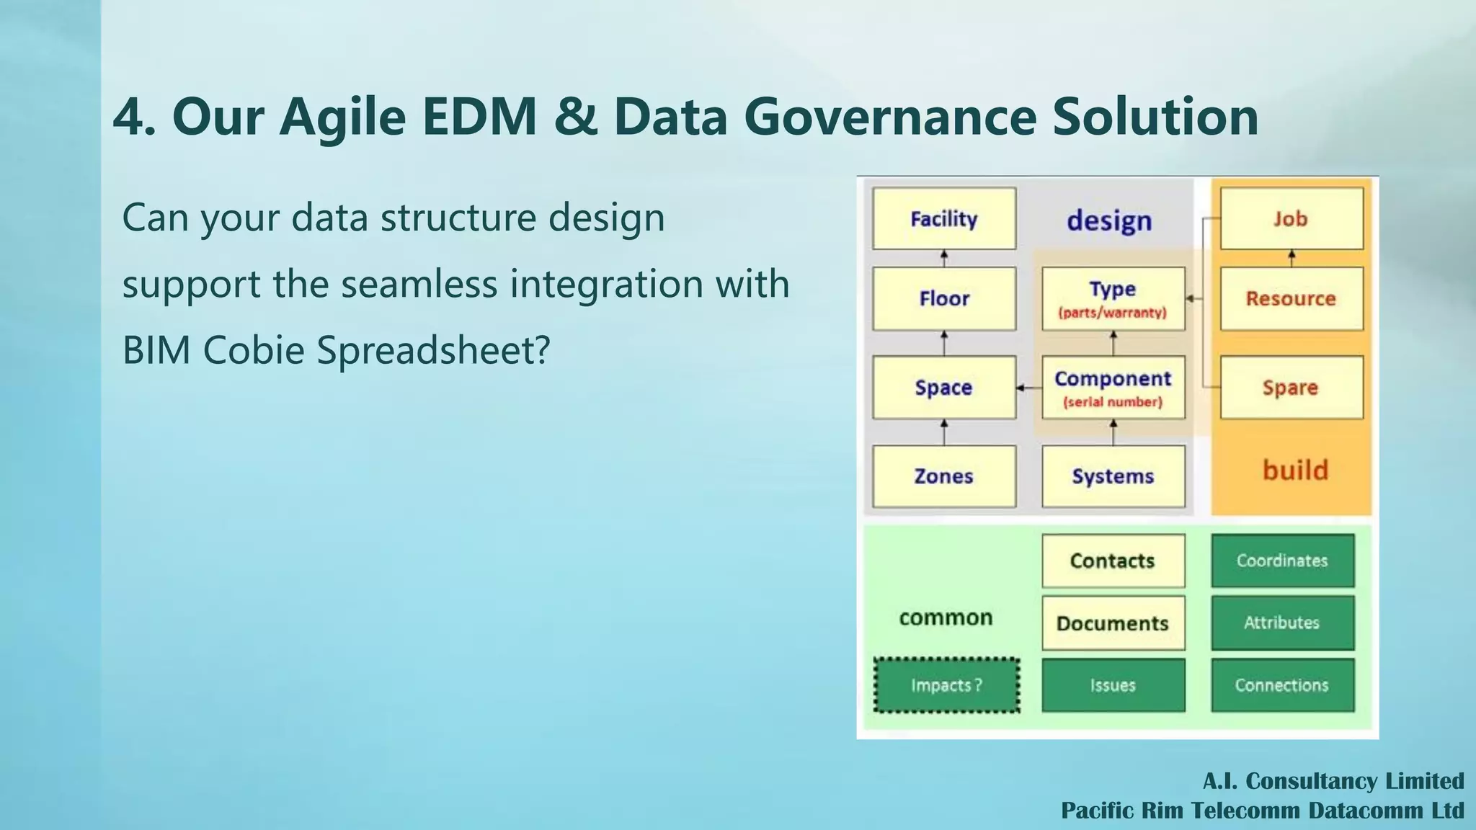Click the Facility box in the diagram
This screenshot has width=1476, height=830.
coord(944,218)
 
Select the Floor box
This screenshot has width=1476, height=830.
coord(944,298)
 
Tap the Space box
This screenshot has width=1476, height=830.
coord(944,387)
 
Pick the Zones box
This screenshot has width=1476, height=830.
coord(944,476)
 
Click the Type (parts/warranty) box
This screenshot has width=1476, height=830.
coord(1113,298)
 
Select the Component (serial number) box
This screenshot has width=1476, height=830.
coord(1113,387)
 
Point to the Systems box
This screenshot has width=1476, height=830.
coord(1113,476)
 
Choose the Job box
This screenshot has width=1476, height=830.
coord(1291,218)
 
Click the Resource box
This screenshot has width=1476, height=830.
coord(1291,298)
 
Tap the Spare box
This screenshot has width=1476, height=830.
coord(1291,387)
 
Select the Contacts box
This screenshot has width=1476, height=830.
coord(1113,561)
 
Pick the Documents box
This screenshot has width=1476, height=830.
coord(1113,623)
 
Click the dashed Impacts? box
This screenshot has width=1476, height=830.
coord(946,685)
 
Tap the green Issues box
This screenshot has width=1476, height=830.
coord(1113,685)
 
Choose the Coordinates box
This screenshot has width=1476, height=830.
coord(1283,561)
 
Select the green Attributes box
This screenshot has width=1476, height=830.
coord(1283,622)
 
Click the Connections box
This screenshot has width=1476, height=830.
coord(1283,685)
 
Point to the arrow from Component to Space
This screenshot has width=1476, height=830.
coord(1029,388)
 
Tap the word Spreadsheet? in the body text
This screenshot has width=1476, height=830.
coord(433,350)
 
